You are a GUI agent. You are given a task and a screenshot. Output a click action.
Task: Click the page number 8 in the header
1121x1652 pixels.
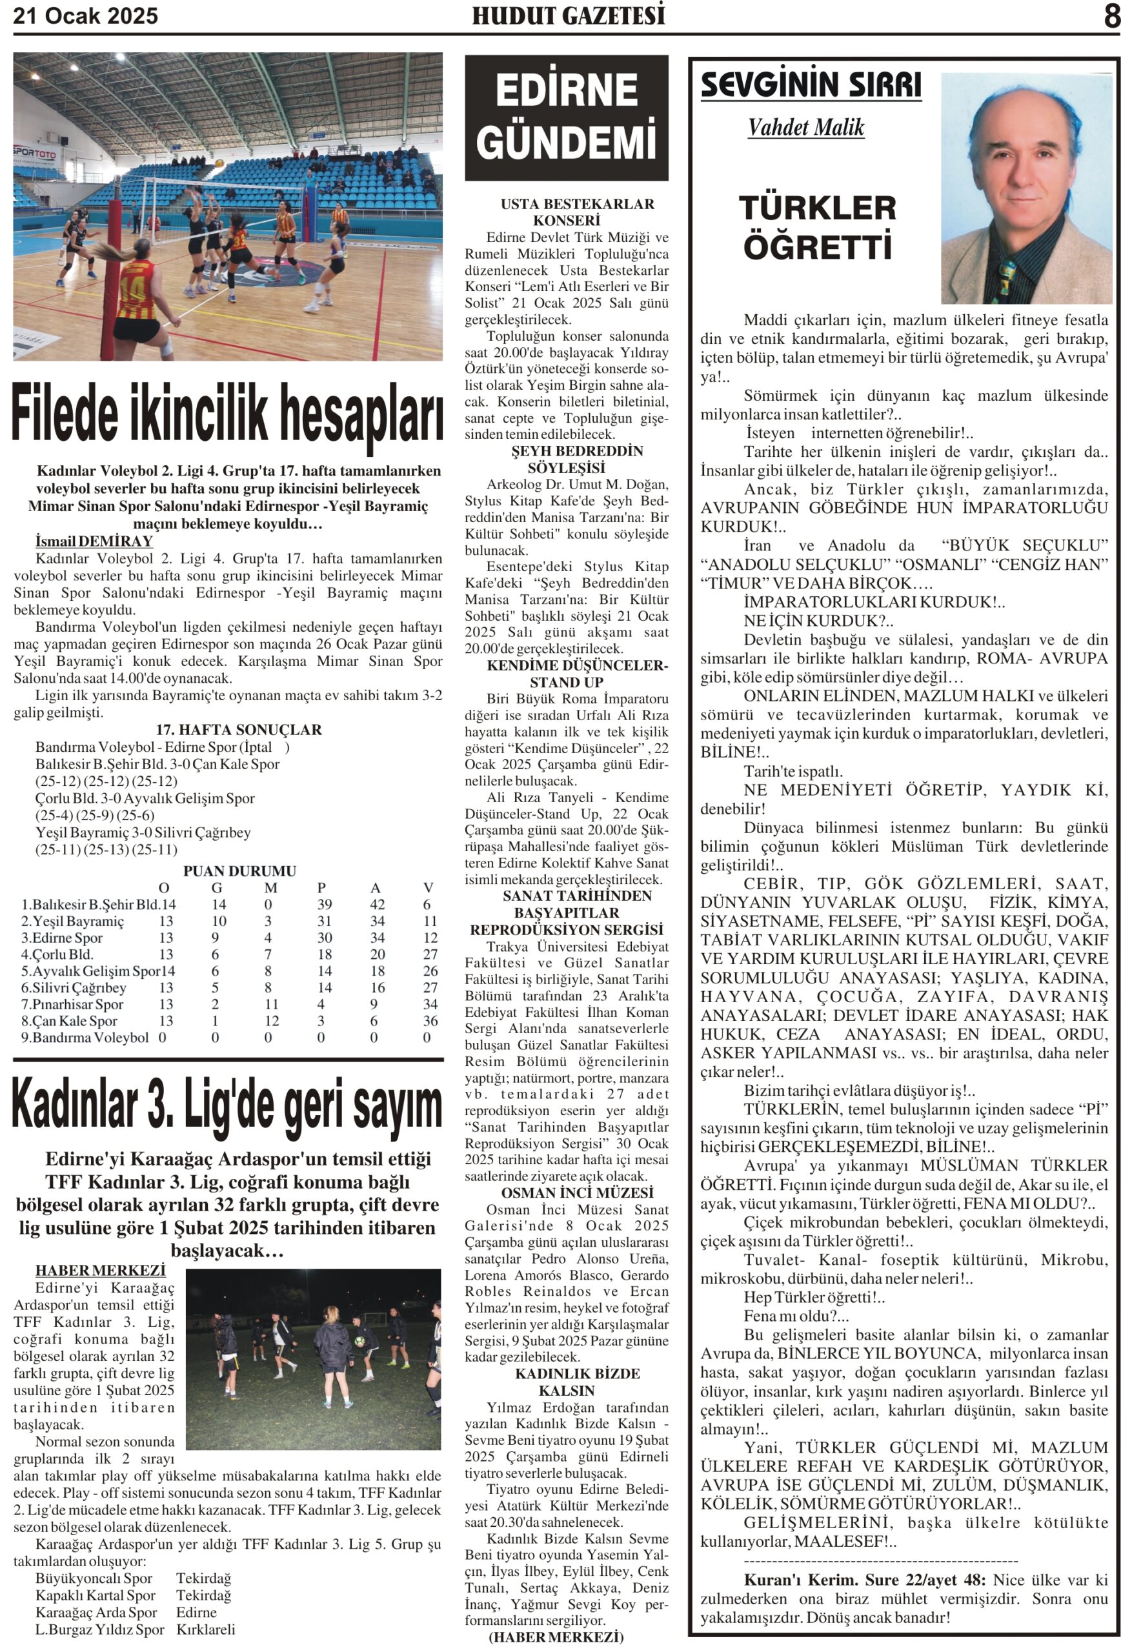1110,16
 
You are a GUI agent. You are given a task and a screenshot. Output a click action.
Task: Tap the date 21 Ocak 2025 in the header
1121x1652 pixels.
86,15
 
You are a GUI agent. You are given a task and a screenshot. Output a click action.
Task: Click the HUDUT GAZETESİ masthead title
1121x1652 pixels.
568,15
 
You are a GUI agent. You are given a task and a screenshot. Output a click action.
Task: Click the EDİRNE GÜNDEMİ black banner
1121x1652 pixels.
566,117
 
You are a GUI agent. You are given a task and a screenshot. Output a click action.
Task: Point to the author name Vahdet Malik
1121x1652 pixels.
805,128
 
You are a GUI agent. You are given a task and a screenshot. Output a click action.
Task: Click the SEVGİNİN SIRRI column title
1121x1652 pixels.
811,86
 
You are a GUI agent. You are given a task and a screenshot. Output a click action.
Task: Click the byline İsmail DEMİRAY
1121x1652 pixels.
94,541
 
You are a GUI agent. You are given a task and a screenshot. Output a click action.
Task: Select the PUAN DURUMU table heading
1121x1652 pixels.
239,871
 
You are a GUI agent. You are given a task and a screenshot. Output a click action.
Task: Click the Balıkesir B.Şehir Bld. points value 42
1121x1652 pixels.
377,904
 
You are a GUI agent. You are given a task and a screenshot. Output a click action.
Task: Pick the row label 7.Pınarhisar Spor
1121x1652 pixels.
72,1004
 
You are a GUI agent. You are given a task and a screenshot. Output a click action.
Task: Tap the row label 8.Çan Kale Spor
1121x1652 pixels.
70,1021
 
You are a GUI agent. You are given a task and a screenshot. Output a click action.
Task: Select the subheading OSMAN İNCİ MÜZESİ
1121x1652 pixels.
567,1193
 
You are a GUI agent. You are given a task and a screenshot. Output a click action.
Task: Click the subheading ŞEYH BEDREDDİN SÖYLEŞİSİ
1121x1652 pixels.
567,459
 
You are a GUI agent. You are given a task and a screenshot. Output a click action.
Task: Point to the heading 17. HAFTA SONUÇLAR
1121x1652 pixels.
239,730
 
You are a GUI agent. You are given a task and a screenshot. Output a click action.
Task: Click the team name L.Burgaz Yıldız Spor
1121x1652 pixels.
99,1629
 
